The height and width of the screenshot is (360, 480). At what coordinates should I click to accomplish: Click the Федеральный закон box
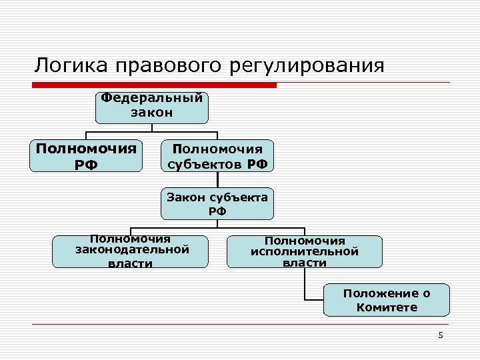151,107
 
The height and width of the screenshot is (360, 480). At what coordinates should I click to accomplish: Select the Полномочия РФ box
85,155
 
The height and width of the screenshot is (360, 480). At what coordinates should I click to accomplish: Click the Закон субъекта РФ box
217,204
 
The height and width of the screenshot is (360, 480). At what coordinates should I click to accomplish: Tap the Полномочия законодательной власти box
131,251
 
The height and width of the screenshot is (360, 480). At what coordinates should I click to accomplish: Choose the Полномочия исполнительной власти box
305,251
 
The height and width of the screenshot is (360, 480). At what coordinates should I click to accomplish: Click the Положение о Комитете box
387,300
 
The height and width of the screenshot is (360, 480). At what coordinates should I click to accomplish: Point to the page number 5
441,335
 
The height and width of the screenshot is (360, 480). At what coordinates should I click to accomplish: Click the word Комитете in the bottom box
387,307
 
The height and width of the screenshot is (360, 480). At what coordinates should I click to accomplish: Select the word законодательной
132,249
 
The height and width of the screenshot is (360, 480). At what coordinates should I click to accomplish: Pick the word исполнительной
305,251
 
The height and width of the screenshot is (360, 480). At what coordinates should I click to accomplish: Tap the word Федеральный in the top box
151,98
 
